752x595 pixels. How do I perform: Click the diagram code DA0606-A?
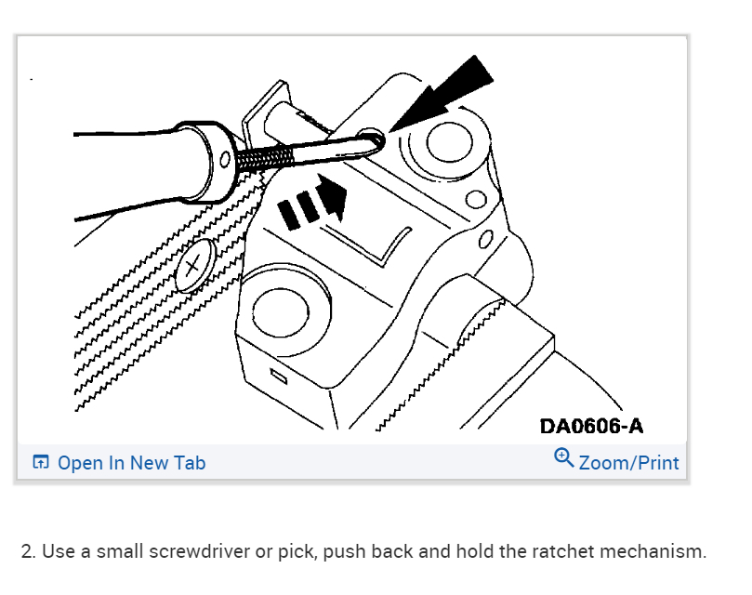point(591,426)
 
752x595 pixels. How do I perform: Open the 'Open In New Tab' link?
point(131,463)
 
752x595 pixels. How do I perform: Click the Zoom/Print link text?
point(628,463)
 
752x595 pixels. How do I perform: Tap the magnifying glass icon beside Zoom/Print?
point(563,458)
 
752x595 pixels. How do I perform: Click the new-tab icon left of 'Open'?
point(41,463)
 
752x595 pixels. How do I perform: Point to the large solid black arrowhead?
point(456,88)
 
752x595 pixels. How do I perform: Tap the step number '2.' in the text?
point(29,551)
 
